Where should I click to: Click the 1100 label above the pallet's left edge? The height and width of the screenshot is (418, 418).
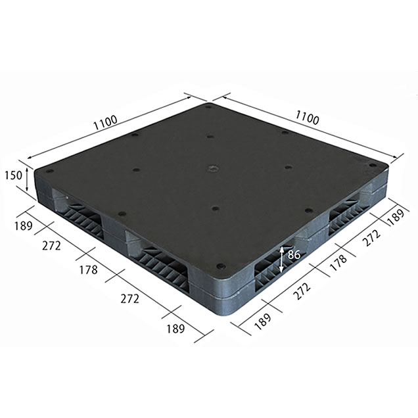point(106,122)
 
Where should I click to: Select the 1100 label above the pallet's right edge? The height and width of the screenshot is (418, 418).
point(307,118)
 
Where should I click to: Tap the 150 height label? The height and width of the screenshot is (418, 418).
point(13,175)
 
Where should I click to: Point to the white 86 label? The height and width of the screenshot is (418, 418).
point(294,255)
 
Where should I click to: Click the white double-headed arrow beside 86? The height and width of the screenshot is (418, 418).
point(281,260)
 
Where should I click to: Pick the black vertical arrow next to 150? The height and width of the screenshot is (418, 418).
point(27,179)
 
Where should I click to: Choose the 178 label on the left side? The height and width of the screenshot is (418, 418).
point(89,270)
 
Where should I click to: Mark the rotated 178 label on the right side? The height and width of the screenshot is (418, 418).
point(338,262)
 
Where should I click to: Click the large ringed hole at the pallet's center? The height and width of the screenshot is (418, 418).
point(213,168)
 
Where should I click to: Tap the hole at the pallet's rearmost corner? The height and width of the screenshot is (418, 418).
point(208,107)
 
